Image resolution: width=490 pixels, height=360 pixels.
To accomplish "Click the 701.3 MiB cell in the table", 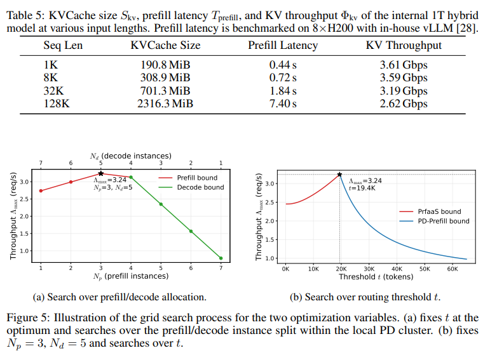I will pyautogui.click(x=165, y=91).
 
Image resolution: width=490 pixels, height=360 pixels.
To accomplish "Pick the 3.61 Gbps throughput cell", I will pyautogui.click(x=404, y=65).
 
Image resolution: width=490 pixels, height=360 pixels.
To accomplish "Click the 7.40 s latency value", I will pyautogui.click(x=283, y=103).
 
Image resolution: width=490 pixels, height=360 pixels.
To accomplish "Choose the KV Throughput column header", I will pyautogui.click(x=404, y=45).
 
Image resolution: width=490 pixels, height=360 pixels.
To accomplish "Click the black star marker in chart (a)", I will pyautogui.click(x=100, y=173).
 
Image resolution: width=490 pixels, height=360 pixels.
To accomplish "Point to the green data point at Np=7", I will pyautogui.click(x=221, y=258).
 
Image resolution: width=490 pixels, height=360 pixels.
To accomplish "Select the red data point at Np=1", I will pyautogui.click(x=41, y=190).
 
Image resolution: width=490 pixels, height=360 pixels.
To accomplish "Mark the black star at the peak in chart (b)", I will pyautogui.click(x=339, y=174).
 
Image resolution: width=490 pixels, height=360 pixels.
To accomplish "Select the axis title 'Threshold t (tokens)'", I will pyautogui.click(x=375, y=277).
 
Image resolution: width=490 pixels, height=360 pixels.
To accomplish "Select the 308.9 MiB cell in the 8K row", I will pyautogui.click(x=165, y=77).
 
